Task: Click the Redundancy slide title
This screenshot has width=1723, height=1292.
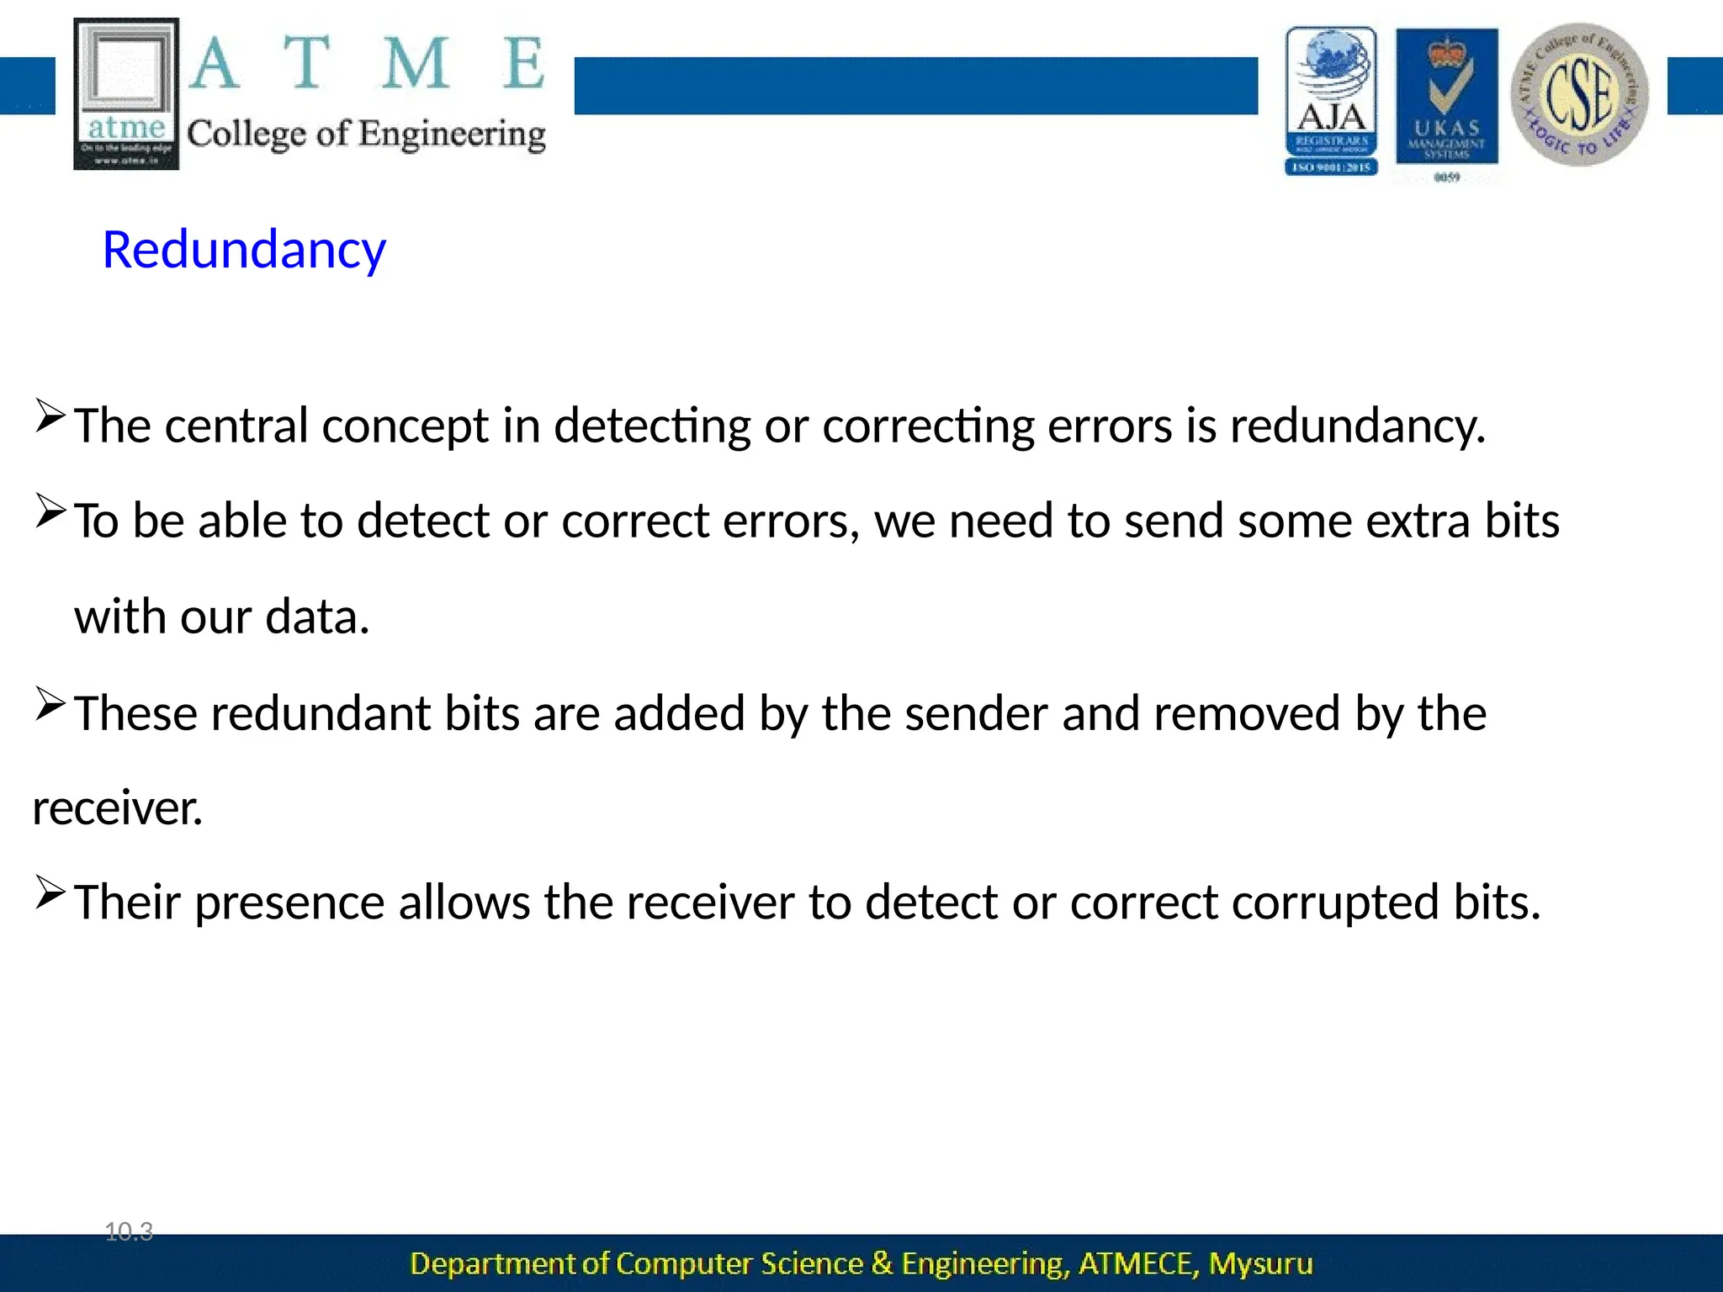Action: click(x=244, y=251)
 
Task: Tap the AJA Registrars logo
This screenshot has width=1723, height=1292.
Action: click(x=1331, y=101)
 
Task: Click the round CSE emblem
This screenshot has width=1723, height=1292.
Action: click(x=1579, y=94)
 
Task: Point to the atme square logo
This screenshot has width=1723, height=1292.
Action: click(x=126, y=93)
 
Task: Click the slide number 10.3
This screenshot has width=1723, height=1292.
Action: click(x=129, y=1232)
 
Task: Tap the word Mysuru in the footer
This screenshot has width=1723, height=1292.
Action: click(x=1260, y=1264)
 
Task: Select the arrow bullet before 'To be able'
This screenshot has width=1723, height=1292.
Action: click(x=50, y=511)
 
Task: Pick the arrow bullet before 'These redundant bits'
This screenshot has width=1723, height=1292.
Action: click(x=50, y=704)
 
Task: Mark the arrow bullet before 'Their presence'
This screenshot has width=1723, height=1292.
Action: click(x=50, y=892)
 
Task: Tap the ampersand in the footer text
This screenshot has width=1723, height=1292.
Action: click(x=882, y=1263)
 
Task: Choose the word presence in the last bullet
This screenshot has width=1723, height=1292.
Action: click(x=289, y=903)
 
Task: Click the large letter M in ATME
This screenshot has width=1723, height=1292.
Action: click(x=415, y=64)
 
